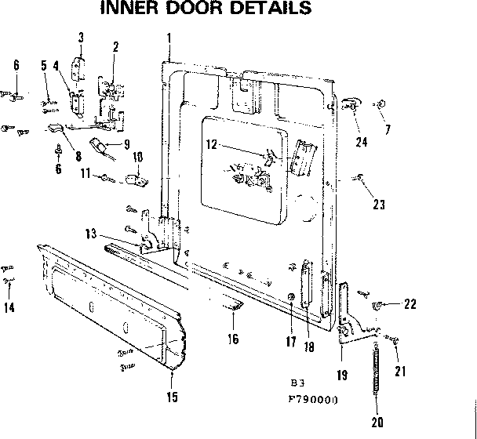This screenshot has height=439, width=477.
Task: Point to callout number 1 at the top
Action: coord(169,38)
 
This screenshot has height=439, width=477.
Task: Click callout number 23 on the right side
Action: coord(379,205)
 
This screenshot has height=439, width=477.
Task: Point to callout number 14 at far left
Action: coord(9,308)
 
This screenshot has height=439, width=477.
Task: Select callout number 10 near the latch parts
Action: coord(137,157)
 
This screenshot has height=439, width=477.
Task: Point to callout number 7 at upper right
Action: coord(388,129)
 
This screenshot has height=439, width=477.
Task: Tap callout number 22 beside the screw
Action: coord(410,304)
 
